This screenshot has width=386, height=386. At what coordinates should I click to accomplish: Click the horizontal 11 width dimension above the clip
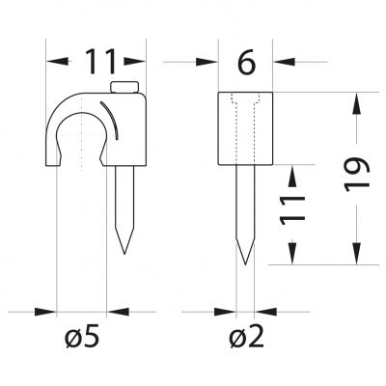click(x=100, y=61)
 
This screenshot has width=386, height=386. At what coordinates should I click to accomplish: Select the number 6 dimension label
click(x=246, y=61)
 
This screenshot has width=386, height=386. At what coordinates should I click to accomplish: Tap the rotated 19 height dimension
click(x=356, y=175)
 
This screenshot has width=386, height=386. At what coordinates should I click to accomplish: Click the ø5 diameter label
click(x=81, y=336)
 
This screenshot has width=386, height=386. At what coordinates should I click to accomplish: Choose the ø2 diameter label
click(x=246, y=336)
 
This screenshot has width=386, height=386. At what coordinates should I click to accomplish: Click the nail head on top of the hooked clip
click(x=124, y=87)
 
